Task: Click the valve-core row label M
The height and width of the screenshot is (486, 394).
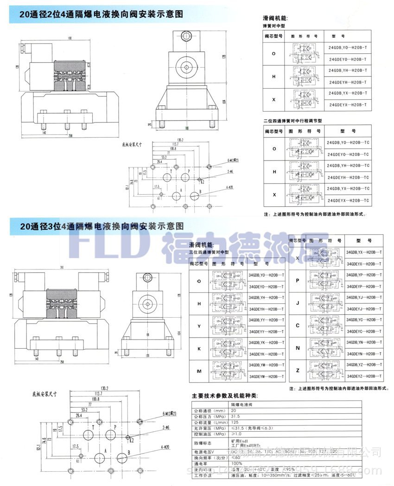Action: pos(199,371)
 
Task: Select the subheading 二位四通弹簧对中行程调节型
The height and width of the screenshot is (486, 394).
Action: pos(292,121)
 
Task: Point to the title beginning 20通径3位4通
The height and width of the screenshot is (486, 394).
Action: pos(102,226)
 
